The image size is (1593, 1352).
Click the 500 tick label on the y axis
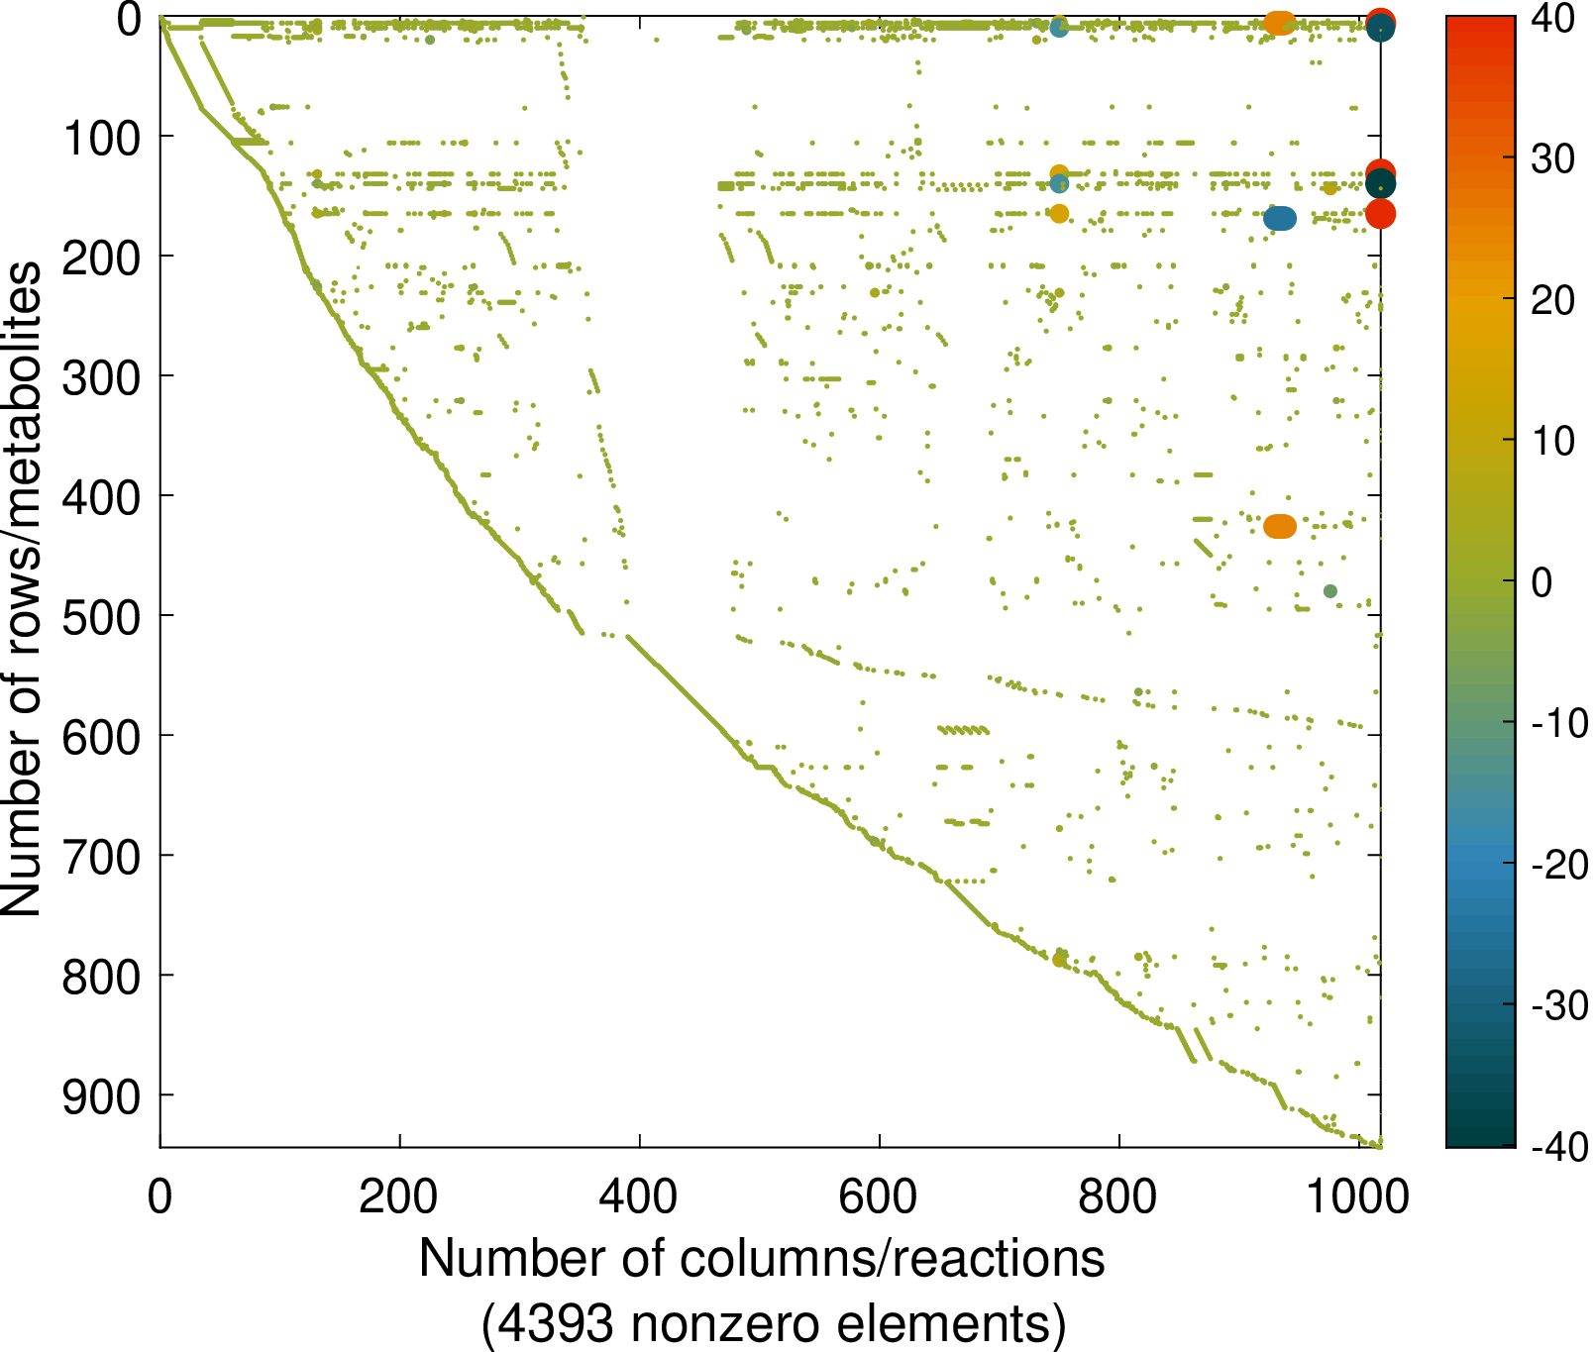tap(101, 616)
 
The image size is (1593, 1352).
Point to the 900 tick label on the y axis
tap(101, 1096)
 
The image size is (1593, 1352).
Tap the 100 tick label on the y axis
tap(101, 137)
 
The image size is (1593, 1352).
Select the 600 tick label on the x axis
tap(879, 1197)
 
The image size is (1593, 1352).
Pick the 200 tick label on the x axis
tap(399, 1197)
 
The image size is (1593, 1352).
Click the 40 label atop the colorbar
tap(1552, 19)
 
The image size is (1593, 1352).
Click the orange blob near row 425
tap(1280, 527)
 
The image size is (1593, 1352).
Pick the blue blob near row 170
tap(1280, 219)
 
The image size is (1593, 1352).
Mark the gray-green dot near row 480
tap(1330, 591)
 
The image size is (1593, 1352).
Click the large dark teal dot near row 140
tap(1380, 184)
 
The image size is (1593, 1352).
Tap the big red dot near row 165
tap(1380, 214)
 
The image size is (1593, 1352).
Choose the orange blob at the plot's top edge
tap(1280, 23)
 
